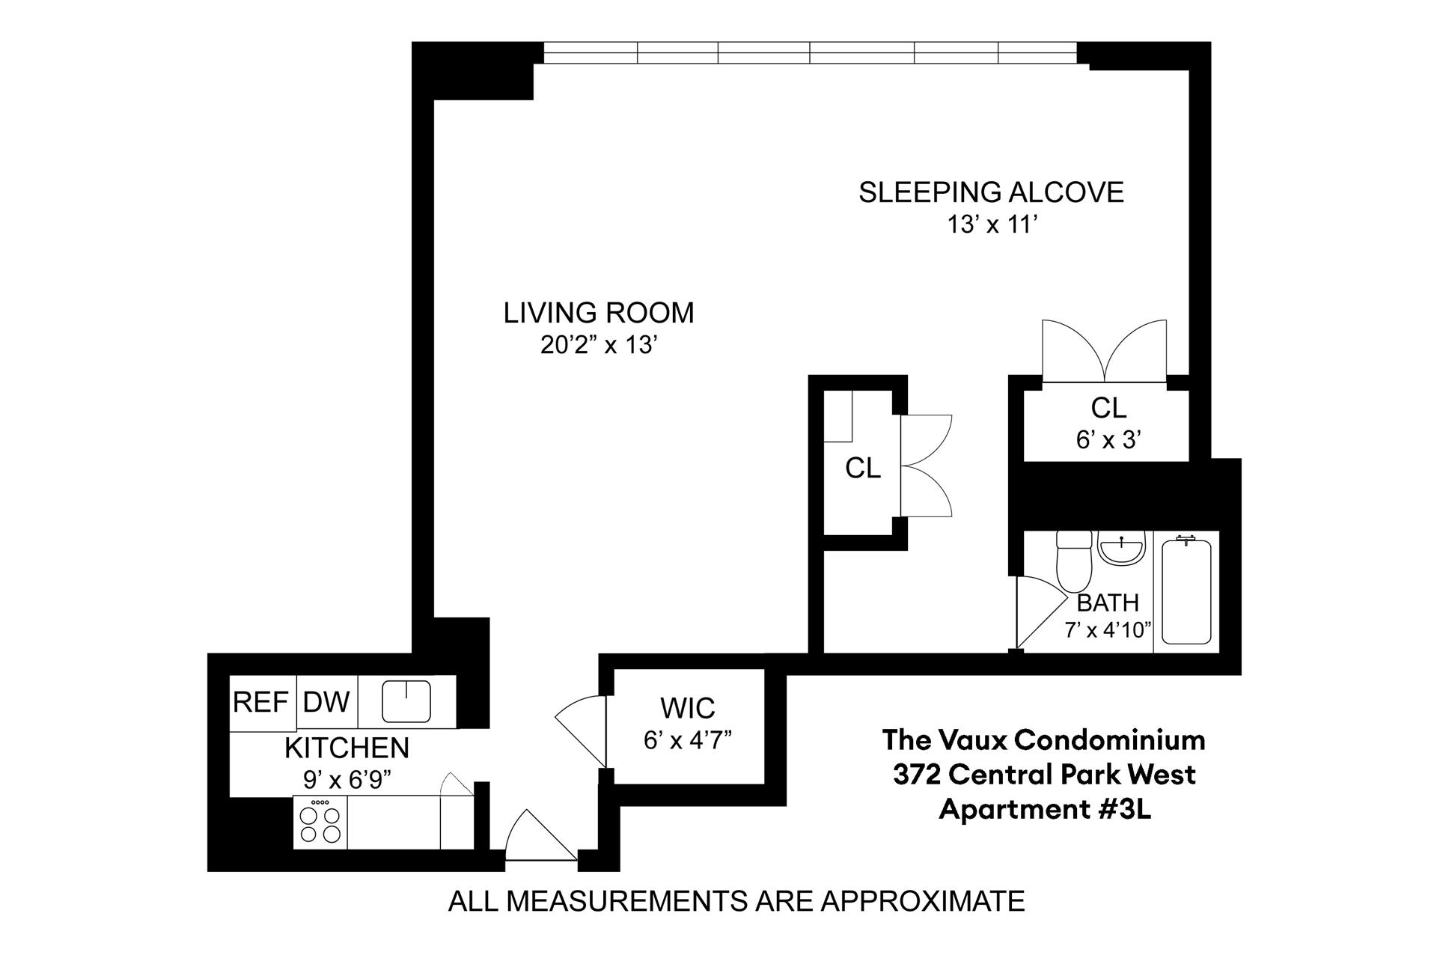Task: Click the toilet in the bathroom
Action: tap(1073, 561)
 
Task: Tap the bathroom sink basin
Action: tap(1121, 549)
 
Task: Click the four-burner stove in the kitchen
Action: tap(320, 823)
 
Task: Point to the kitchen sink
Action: tap(406, 701)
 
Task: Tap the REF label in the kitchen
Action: tap(260, 703)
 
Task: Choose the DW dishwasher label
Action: tap(326, 702)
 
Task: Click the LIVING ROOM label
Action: tap(599, 313)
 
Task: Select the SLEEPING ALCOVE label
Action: tap(991, 192)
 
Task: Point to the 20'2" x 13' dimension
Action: tap(599, 346)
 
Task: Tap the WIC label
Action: tap(688, 707)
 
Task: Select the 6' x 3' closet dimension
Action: tap(1108, 439)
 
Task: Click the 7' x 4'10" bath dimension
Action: tap(1108, 630)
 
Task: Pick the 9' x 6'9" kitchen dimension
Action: tap(347, 780)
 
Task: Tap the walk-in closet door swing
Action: tap(580, 730)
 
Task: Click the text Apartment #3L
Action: tap(1045, 810)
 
